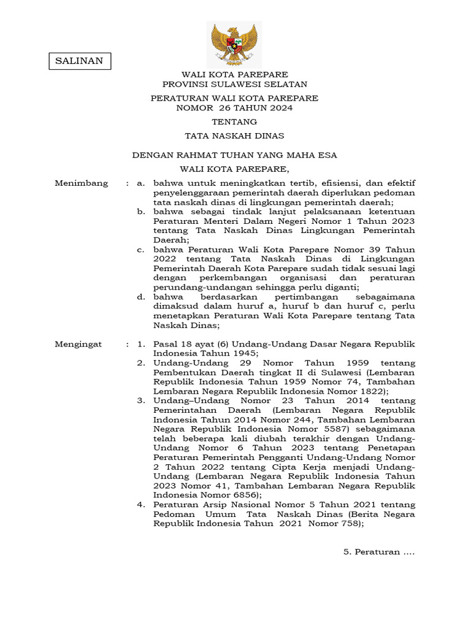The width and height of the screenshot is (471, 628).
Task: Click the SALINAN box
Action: coord(80,61)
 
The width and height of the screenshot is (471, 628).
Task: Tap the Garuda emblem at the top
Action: coord(234,44)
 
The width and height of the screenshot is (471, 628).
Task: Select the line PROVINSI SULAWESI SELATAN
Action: coord(235,84)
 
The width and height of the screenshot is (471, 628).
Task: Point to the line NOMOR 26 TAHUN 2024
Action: coord(234,108)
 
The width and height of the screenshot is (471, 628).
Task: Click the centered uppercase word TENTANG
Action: coord(234,122)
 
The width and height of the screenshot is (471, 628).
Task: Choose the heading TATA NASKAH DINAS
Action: coord(234,136)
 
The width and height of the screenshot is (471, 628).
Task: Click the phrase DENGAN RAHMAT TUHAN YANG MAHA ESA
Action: coord(235,156)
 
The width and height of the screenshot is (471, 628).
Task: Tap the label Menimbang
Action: coord(82,183)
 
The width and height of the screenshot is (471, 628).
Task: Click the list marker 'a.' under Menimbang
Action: coord(141,183)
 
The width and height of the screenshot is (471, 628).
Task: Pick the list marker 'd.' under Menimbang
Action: coord(141,297)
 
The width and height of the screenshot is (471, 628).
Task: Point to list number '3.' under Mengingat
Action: coord(140,400)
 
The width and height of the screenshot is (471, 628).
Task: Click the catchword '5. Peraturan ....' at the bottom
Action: coord(379,552)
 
